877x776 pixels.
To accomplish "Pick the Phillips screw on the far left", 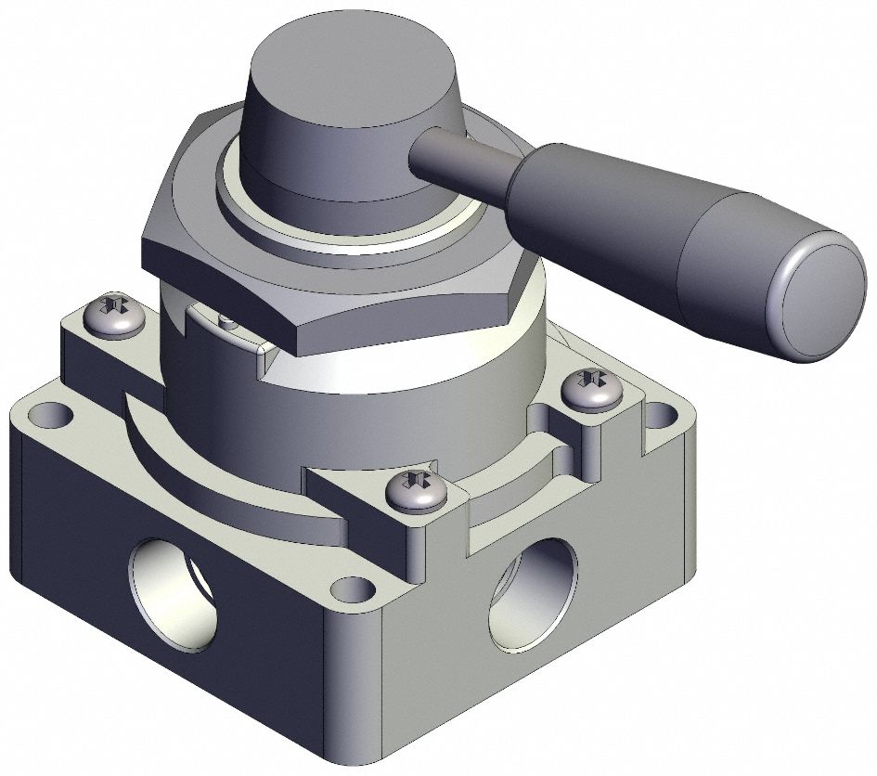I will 114,316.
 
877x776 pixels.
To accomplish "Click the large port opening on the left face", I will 175,595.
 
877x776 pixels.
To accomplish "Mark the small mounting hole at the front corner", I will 352,588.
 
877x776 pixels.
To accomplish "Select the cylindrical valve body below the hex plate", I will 371,399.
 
